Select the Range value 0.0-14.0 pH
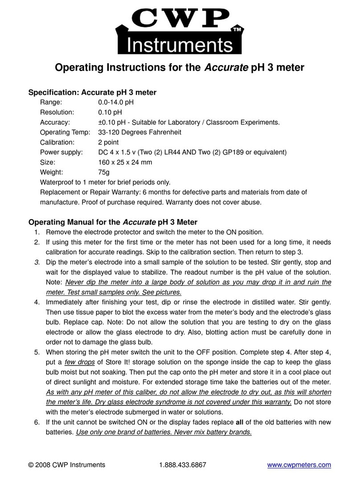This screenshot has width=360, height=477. click(116, 102)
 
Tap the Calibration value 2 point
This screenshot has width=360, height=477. click(110, 143)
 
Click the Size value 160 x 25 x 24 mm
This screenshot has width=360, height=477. click(125, 163)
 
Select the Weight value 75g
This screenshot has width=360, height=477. click(104, 172)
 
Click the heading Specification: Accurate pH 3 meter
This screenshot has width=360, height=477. click(92, 92)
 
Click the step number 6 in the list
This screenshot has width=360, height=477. click(37, 422)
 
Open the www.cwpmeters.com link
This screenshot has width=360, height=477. click(299, 465)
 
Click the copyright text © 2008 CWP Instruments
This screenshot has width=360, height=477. click(67, 465)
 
